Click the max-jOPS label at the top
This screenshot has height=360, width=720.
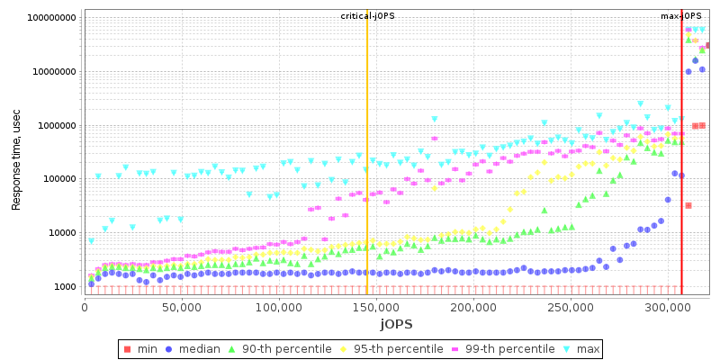pyautogui.click(x=681, y=17)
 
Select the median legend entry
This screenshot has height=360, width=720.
pyautogui.click(x=198, y=349)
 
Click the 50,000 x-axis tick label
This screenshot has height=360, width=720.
pyautogui.click(x=182, y=308)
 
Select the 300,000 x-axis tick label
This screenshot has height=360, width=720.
pyautogui.click(x=668, y=308)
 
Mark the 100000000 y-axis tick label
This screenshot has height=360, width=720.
pyautogui.click(x=51, y=18)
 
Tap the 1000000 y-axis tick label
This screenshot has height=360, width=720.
pyautogui.click(x=56, y=126)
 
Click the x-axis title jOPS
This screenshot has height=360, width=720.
pyautogui.click(x=395, y=324)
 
